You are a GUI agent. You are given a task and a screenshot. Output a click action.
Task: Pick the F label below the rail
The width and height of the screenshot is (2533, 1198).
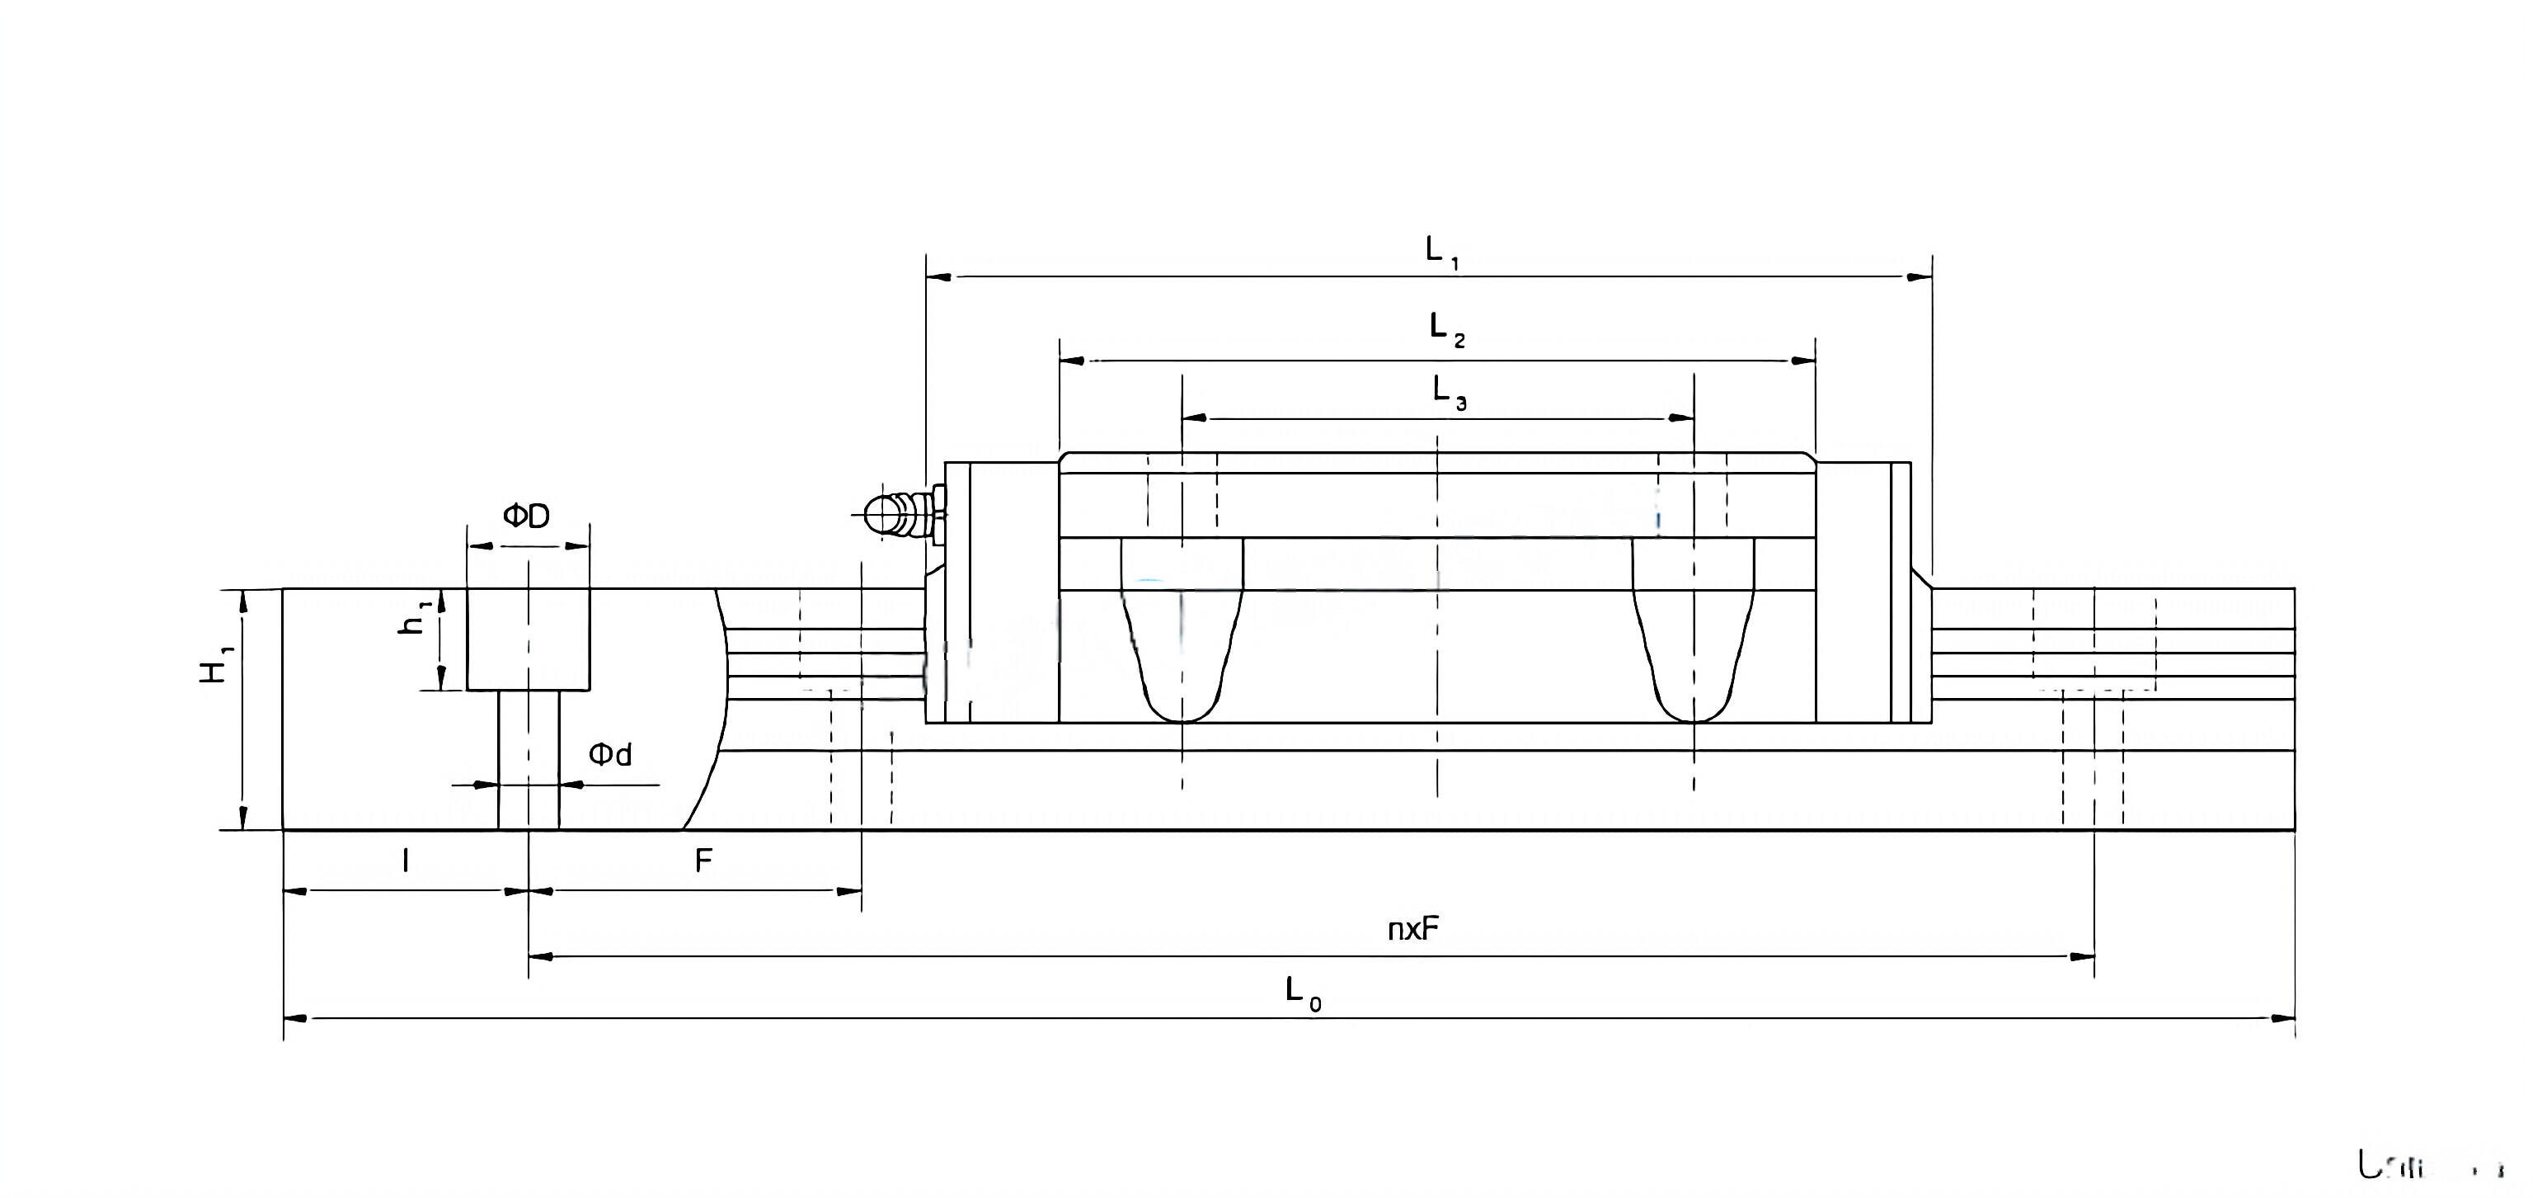(x=703, y=861)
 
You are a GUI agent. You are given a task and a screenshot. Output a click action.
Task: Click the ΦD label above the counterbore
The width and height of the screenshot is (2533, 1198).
(x=527, y=516)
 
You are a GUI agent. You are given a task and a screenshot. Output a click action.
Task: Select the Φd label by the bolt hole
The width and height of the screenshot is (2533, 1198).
(x=609, y=754)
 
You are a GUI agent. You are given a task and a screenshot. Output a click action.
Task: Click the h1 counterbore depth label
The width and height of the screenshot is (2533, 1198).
(x=414, y=618)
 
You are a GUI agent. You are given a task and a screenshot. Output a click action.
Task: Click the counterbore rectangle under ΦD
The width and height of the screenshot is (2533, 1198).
(x=528, y=639)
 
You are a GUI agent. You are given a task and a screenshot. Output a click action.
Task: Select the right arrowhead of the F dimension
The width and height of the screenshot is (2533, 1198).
(x=848, y=891)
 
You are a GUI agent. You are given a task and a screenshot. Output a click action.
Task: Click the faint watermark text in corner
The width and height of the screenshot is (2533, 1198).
(x=2429, y=1167)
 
